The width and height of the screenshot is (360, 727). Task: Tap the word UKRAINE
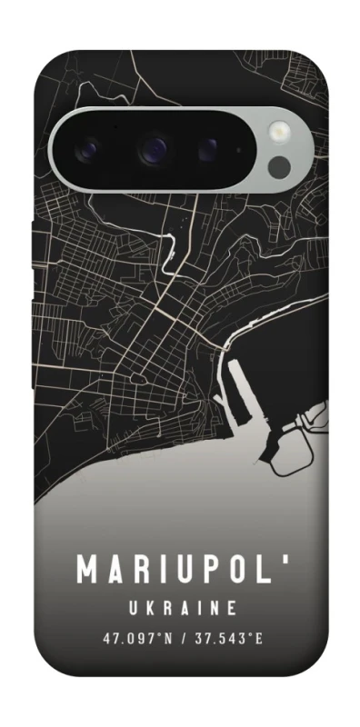tap(180, 606)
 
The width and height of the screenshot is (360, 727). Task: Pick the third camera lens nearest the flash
tap(208, 146)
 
